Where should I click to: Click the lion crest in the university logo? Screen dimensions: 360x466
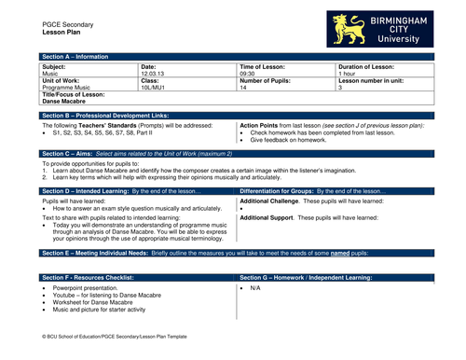[349, 29]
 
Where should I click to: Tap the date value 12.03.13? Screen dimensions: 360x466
[155, 74]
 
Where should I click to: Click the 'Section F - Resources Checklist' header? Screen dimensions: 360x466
[94, 277]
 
